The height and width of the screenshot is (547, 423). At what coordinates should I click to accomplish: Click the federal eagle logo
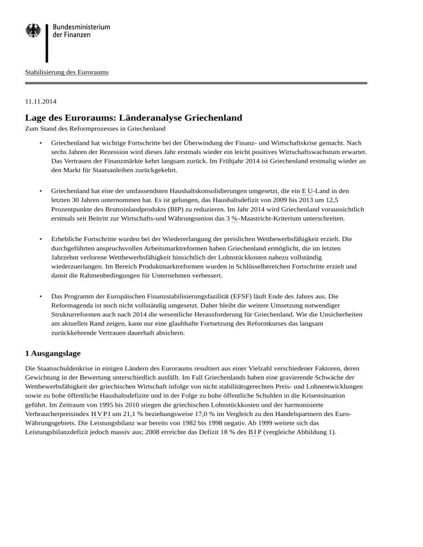point(33,31)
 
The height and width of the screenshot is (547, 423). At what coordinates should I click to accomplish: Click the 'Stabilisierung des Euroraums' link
point(67,72)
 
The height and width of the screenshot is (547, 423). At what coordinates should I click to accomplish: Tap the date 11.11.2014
point(40,101)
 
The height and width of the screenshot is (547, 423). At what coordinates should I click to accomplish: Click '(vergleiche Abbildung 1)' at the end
point(298,433)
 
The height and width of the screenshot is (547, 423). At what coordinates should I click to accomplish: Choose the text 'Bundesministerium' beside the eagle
point(81,26)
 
